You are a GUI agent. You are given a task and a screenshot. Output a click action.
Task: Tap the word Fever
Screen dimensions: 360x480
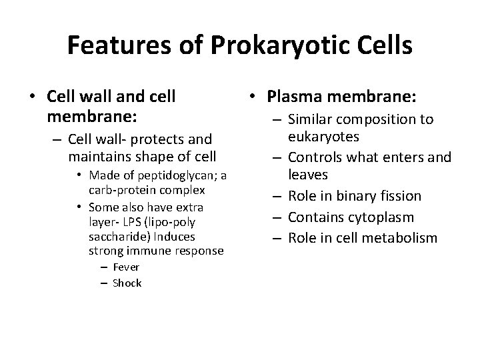(126, 267)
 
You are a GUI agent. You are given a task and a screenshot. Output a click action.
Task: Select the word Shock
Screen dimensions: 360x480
(127, 283)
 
